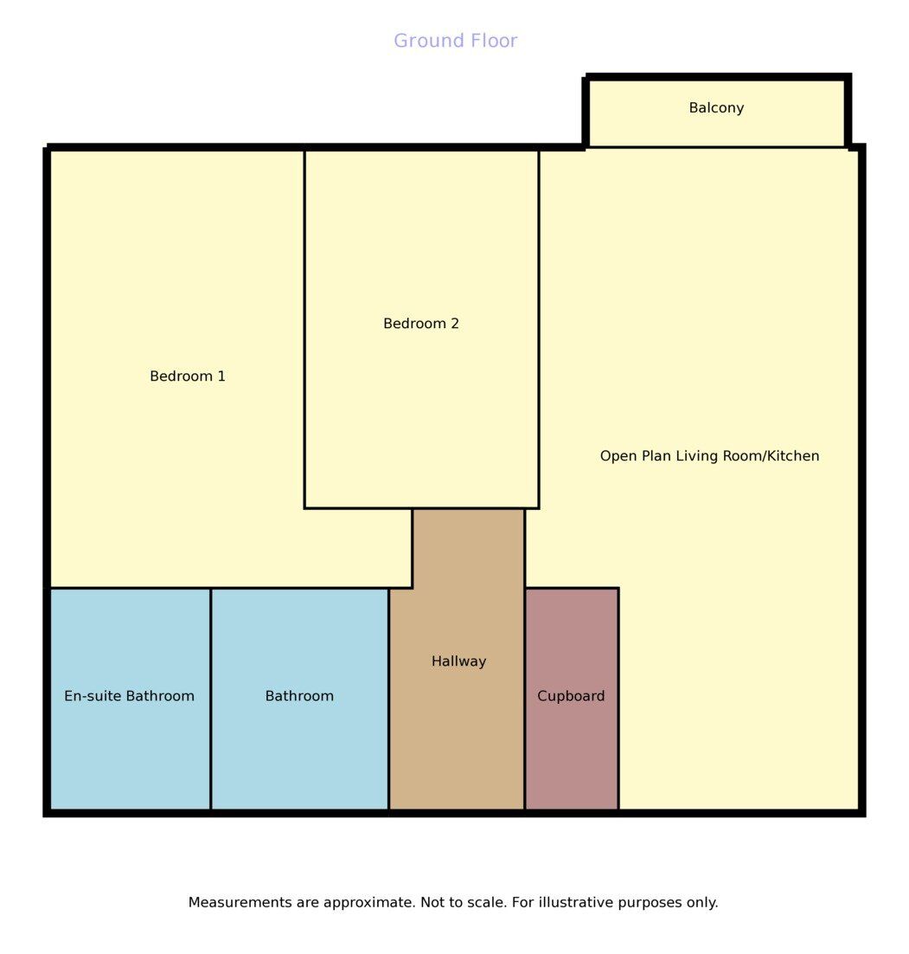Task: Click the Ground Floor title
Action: [x=456, y=41]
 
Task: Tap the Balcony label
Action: [x=716, y=107]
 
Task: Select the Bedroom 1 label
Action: [x=188, y=376]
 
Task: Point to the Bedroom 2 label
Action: [x=420, y=323]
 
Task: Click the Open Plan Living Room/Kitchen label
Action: [x=709, y=455]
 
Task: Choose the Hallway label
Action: [x=458, y=661]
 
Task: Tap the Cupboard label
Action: [x=571, y=696]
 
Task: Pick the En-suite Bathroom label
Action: [x=130, y=695]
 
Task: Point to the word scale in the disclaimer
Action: [x=489, y=902]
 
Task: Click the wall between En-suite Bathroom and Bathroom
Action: [x=210, y=699]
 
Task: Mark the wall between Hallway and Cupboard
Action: [x=525, y=699]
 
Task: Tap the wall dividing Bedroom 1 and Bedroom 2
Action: [x=304, y=329]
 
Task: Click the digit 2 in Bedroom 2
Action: [x=455, y=323]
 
